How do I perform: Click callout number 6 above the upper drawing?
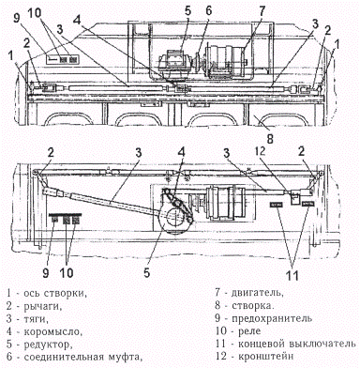tap(208, 10)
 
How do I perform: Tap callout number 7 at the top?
tap(262, 12)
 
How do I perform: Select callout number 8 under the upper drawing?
tap(270, 138)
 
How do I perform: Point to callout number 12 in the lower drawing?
tap(260, 151)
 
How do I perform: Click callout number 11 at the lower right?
tap(292, 275)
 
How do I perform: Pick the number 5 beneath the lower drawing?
tap(147, 273)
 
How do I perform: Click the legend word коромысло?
tap(52, 331)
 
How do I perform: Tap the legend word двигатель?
tap(258, 293)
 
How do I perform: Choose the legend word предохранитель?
tap(272, 318)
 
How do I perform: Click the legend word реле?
tap(249, 331)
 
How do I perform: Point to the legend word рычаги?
tap(43, 306)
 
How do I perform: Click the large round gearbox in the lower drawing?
tap(173, 220)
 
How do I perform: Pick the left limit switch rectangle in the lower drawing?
tap(277, 205)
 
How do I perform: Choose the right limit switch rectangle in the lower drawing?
tap(307, 204)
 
